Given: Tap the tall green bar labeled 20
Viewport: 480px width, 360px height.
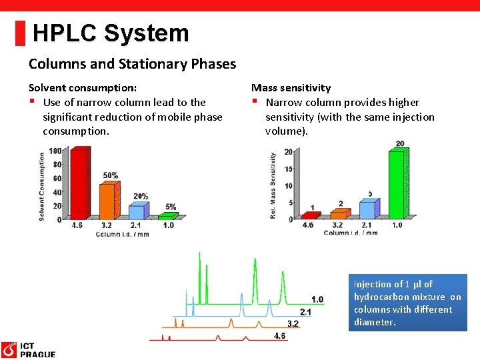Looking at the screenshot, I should point(396,184).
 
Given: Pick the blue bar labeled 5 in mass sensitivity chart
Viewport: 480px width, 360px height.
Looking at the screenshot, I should point(367,209).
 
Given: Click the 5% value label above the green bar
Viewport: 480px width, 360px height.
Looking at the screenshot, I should point(171,207).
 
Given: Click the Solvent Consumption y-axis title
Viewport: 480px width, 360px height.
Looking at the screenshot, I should point(42,186).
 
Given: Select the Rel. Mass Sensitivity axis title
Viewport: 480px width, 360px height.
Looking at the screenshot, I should point(273,186).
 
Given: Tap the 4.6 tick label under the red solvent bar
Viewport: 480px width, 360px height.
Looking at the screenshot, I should point(78,225).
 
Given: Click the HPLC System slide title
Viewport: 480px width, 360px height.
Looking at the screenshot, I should point(111,33).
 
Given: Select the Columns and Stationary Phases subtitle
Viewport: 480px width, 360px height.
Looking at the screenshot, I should point(132,64).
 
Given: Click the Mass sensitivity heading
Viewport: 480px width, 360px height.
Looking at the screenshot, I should point(291,87).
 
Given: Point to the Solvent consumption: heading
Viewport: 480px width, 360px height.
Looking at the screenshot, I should point(83,87).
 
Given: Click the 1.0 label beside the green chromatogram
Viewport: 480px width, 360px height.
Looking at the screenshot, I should point(317,299).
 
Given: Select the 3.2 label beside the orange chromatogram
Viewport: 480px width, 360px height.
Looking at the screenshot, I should point(293,323).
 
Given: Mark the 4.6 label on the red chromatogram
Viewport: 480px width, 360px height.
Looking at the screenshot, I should point(280,335).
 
